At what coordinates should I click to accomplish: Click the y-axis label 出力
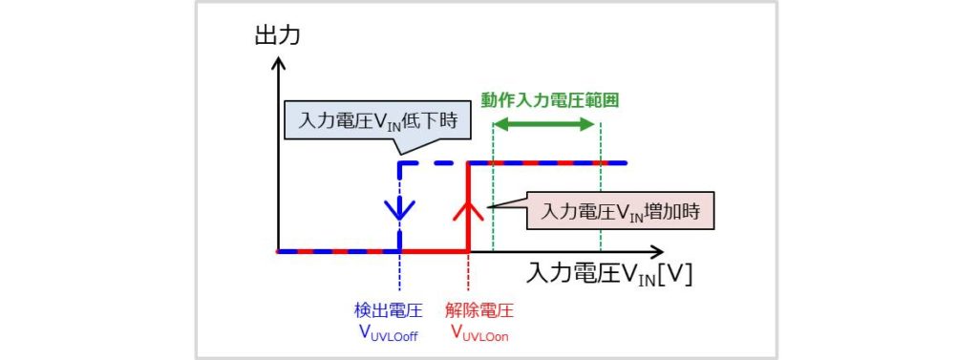point(277,36)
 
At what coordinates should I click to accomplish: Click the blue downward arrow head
point(399,207)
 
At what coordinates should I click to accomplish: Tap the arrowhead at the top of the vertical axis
point(278,64)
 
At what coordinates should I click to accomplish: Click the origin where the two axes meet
point(278,251)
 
